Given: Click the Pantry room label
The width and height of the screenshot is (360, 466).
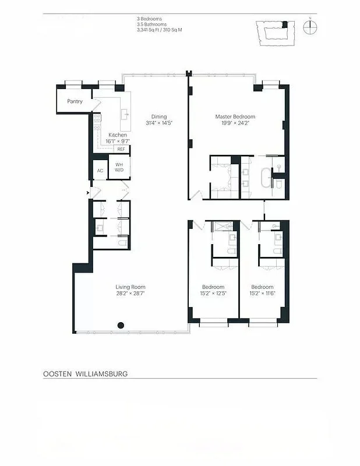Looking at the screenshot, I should click(x=75, y=101).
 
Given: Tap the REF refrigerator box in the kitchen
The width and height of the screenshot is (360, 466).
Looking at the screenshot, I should click(x=121, y=149).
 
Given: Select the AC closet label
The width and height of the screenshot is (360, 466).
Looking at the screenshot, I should click(x=100, y=170).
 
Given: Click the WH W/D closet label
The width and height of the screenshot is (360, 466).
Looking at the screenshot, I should click(x=119, y=168).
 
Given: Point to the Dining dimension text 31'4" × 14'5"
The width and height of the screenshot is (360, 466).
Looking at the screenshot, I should click(x=159, y=123).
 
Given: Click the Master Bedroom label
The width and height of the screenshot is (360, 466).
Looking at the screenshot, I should click(x=235, y=116).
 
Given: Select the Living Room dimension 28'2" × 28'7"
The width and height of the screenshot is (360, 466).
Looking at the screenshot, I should click(x=130, y=294).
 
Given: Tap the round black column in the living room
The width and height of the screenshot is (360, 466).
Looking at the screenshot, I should click(x=121, y=326).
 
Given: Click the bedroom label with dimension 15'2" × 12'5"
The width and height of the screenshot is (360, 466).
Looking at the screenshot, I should click(x=213, y=287).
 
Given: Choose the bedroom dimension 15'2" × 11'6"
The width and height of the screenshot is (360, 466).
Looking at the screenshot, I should click(x=262, y=294).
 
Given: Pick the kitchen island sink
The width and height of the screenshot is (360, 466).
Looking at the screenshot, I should click(x=124, y=114).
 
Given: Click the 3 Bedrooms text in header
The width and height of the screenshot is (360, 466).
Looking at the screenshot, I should click(x=149, y=19).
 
